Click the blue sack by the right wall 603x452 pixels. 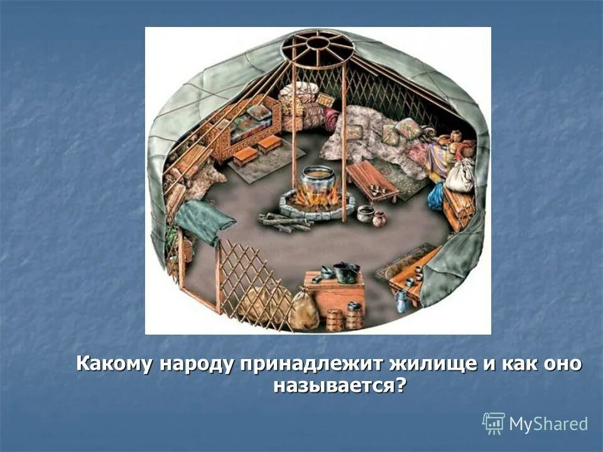coord(436,197)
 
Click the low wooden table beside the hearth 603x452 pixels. coord(372,179)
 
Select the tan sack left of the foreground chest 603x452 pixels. coord(305,310)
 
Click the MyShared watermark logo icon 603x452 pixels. coord(494,424)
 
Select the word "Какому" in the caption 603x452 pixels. coord(117,364)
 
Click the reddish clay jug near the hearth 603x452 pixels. coord(379,219)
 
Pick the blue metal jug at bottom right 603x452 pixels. coord(402,301)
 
